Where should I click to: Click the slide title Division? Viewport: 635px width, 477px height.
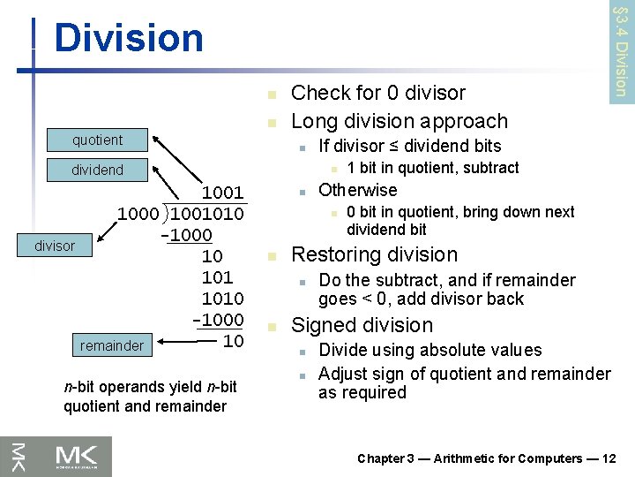pyautogui.click(x=128, y=38)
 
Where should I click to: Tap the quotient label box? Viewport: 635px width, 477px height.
pyautogui.click(x=97, y=140)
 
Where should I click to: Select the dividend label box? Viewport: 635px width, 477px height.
pyautogui.click(x=97, y=170)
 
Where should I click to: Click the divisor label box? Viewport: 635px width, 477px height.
pyautogui.click(x=55, y=246)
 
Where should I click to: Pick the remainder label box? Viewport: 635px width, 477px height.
pyautogui.click(x=111, y=345)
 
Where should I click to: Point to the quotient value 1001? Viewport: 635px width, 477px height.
pyautogui.click(x=222, y=193)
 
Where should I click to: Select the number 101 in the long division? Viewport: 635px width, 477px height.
pyautogui.click(x=217, y=277)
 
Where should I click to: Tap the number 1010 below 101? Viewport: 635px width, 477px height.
pyautogui.click(x=222, y=299)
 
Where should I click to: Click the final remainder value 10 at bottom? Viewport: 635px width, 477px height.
pyautogui.click(x=233, y=341)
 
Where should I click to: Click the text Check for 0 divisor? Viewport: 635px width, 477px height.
pyautogui.click(x=377, y=92)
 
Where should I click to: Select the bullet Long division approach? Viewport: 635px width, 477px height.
pyautogui.click(x=399, y=121)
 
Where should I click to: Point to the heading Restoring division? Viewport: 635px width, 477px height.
pyautogui.click(x=374, y=254)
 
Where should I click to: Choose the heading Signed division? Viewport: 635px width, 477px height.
pyautogui.click(x=362, y=325)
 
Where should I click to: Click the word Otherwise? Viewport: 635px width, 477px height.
pyautogui.click(x=357, y=190)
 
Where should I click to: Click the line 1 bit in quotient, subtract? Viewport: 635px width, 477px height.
pyautogui.click(x=432, y=168)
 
